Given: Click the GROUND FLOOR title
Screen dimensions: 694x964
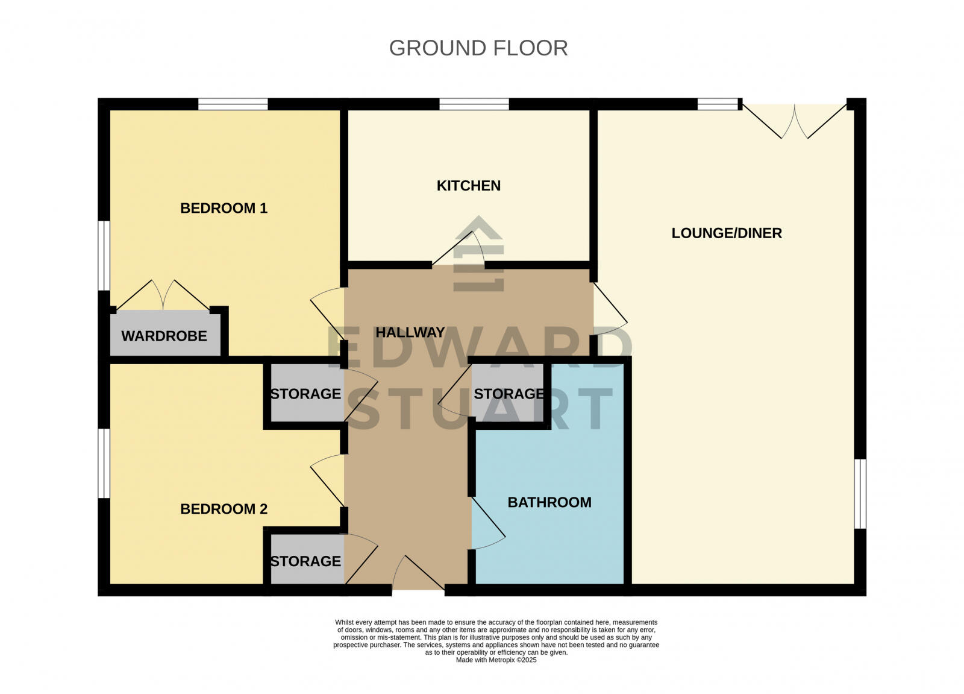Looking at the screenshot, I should coord(478,48).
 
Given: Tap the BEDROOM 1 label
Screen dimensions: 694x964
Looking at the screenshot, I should coord(224,209).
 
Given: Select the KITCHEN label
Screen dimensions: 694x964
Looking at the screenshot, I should coord(468,186).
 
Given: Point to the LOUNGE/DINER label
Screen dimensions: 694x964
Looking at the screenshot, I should coord(727,233).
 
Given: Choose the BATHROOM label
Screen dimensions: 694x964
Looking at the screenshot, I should coord(549,502).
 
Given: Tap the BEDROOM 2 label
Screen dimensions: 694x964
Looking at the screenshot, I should coord(224,509).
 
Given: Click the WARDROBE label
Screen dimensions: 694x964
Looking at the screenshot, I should coord(164,336).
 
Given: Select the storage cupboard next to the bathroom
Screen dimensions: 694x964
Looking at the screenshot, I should coord(508,394).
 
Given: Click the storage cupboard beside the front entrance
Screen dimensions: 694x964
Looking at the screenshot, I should coord(305,561).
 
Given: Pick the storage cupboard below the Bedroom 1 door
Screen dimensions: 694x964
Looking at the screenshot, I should coord(305,394).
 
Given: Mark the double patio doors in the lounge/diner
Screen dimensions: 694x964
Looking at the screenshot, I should coord(795,121).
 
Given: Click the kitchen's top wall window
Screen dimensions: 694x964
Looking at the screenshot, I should coord(474,105).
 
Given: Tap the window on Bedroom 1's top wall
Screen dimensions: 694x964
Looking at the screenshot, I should coord(233,105).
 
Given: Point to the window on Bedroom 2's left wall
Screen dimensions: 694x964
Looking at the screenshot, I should coord(104,463).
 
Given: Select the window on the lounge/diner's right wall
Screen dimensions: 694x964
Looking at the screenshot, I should coord(860,494).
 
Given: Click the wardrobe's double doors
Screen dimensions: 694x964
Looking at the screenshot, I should coord(163,295).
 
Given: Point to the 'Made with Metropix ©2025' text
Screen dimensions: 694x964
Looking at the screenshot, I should coord(496,660).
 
